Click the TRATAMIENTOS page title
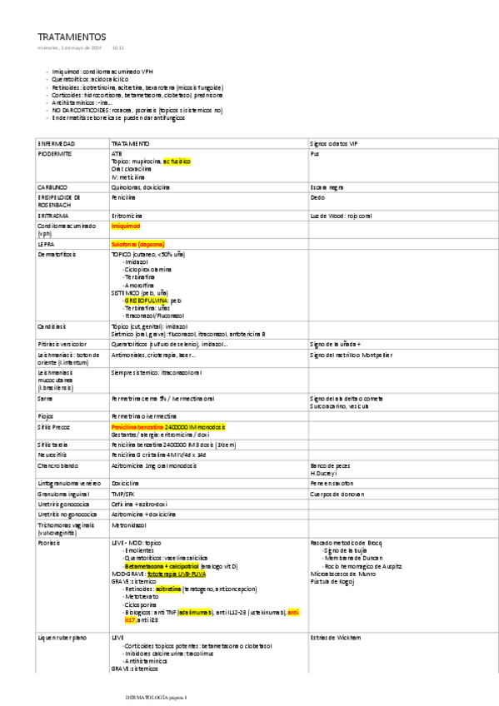pyautogui.click(x=72, y=37)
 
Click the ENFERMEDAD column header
pyautogui.click(x=57, y=143)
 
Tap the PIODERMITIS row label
pyautogui.click(x=55, y=154)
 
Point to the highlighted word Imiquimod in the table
pyautogui.click(x=126, y=226)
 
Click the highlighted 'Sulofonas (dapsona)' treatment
pyautogui.click(x=138, y=244)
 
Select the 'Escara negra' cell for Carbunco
pyautogui.click(x=327, y=187)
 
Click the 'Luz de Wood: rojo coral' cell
pyautogui.click(x=340, y=216)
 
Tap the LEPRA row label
pyautogui.click(x=46, y=244)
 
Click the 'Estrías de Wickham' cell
pyautogui.click(x=335, y=637)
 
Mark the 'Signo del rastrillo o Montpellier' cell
pyautogui.click(x=351, y=355)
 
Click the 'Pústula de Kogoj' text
pyautogui.click(x=332, y=580)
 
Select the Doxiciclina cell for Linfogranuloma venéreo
pyautogui.click(x=125, y=482)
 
